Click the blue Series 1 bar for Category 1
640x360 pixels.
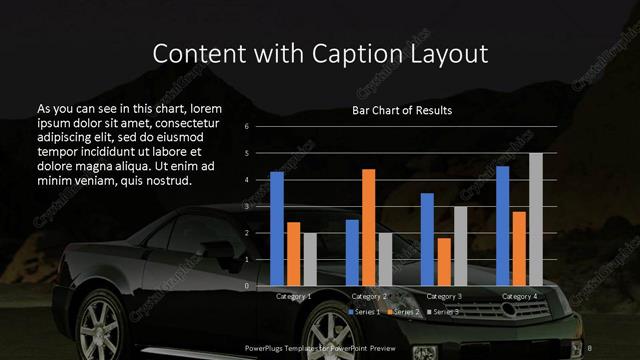tap(277, 229)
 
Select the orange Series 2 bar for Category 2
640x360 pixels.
tap(368, 228)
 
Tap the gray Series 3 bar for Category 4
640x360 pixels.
tap(535, 220)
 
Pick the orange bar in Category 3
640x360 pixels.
tap(443, 262)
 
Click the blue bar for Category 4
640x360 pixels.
tap(503, 226)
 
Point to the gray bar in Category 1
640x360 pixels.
tap(309, 259)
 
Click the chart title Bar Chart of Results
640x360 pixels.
tap(402, 110)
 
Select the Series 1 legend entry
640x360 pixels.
tap(366, 312)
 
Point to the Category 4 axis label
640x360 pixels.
tap(519, 297)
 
